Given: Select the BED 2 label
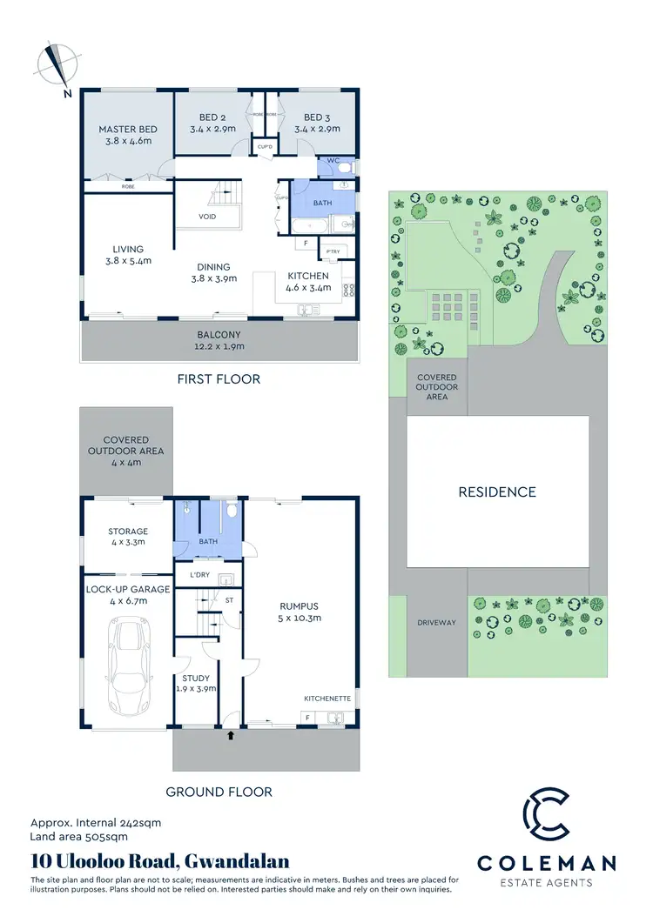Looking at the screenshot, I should pos(212,117).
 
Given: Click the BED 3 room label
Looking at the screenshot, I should pos(316,117).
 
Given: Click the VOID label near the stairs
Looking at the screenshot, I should pos(207,217).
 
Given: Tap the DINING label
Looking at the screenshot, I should pos(213,267).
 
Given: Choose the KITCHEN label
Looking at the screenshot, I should pos(308,276).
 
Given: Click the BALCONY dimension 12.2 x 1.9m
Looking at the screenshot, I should pos(219,346).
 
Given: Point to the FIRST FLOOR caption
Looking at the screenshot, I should pos(219,379).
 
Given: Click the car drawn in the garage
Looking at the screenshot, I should pos(127,665).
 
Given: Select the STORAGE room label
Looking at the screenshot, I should pos(128,531).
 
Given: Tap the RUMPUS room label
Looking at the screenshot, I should pos(299,607).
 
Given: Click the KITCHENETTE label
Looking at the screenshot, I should pos(327,699).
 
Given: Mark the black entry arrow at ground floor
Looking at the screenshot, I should pos(230,736).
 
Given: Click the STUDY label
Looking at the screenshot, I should pos(195,678).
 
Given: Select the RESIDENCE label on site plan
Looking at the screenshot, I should pos(497,492).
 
